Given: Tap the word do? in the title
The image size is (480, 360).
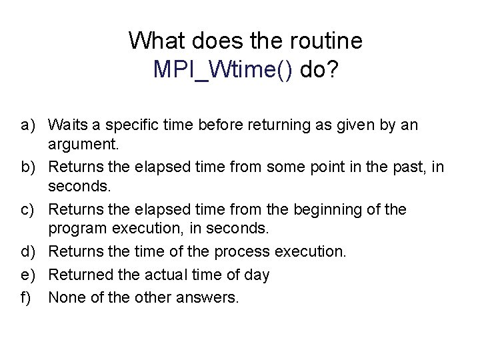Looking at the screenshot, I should (x=319, y=70).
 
